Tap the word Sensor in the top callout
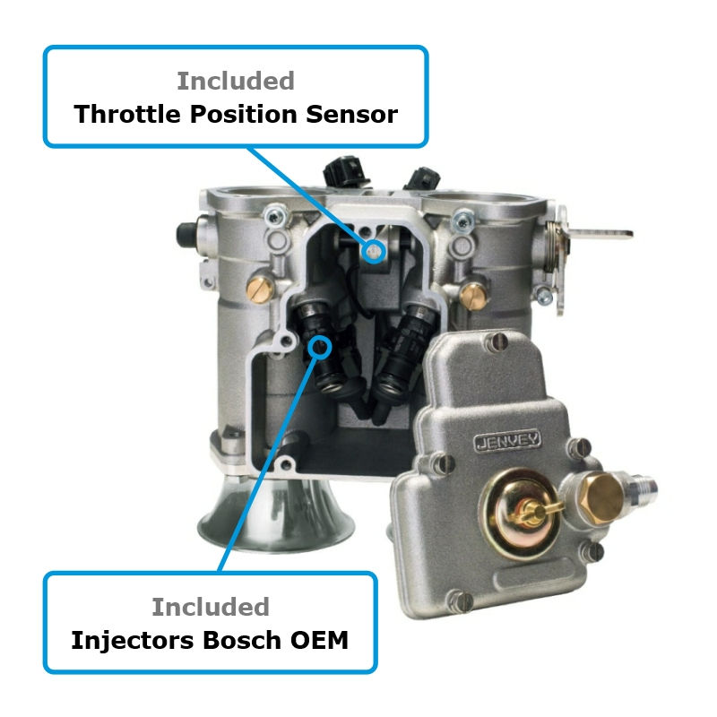click(x=351, y=115)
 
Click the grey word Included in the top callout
click(x=236, y=81)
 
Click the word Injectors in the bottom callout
click(x=133, y=640)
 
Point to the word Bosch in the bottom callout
click(x=242, y=640)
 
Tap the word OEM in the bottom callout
click(x=319, y=640)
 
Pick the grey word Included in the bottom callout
click(x=211, y=607)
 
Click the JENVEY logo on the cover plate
click(x=506, y=441)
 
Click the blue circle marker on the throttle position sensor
click(x=373, y=252)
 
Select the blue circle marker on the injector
click(x=319, y=347)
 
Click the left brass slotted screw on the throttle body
click(x=261, y=289)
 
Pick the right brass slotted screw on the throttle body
click(x=473, y=296)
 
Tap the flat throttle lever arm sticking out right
click(x=600, y=234)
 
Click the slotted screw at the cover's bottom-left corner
click(x=459, y=600)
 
